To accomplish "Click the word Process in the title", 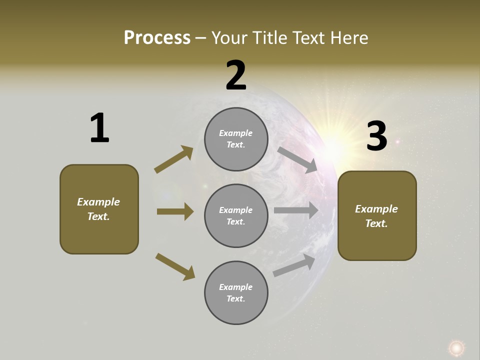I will (157, 38).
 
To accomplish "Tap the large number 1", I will (99, 128).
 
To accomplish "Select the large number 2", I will (236, 75).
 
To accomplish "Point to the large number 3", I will (376, 136).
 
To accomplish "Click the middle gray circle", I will (236, 215).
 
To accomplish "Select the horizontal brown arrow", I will (175, 211).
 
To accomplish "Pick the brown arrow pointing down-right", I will (175, 266).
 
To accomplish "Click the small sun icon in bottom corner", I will (456, 347).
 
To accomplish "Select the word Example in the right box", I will (376, 209).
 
